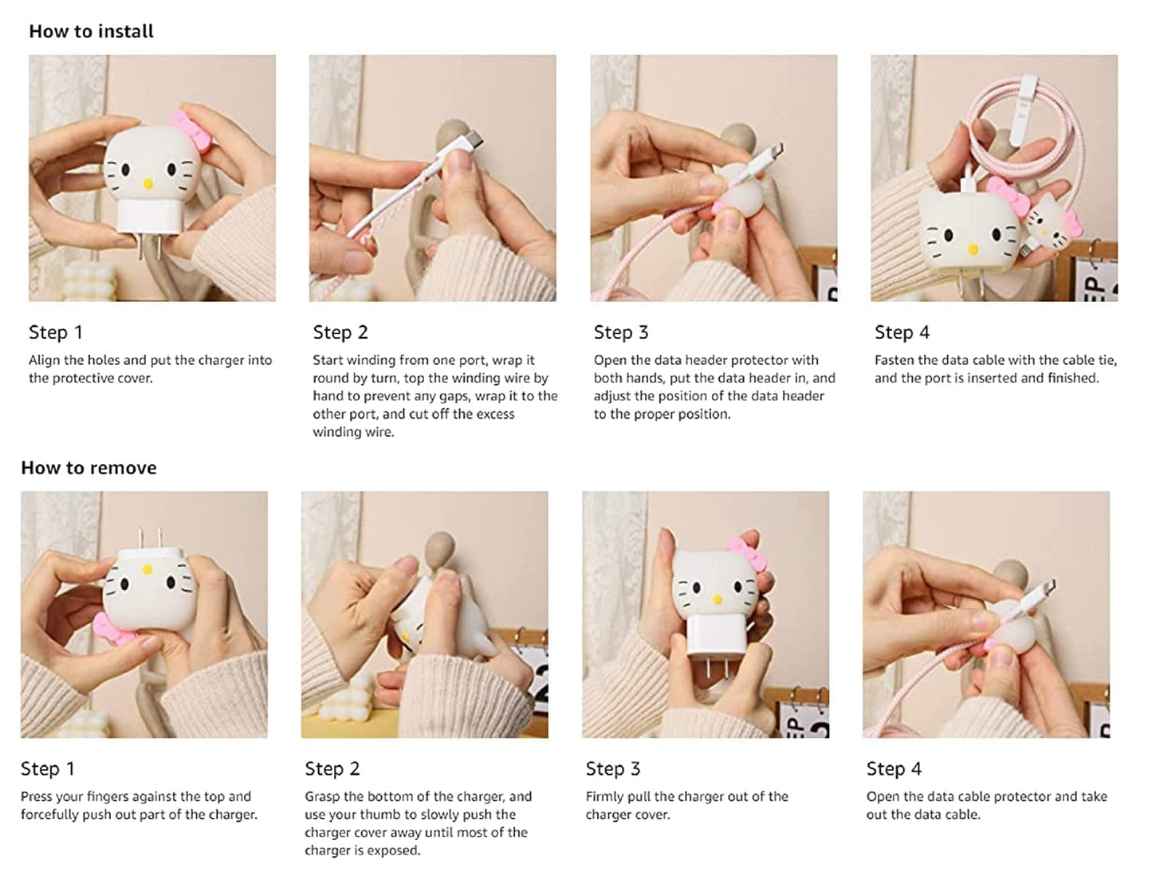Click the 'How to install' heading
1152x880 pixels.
pyautogui.click(x=91, y=31)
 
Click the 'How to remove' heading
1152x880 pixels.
pyautogui.click(x=88, y=468)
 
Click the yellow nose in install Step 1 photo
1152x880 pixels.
pyautogui.click(x=147, y=184)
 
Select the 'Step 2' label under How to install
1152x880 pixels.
pyautogui.click(x=340, y=332)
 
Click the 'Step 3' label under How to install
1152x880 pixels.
pyautogui.click(x=621, y=332)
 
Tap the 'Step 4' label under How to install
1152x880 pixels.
pyautogui.click(x=902, y=332)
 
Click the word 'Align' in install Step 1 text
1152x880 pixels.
pyautogui.click(x=44, y=360)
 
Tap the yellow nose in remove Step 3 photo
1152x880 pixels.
pyautogui.click(x=716, y=599)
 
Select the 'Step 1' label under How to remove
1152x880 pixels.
pyautogui.click(x=47, y=769)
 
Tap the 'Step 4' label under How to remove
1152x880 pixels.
pyautogui.click(x=894, y=769)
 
